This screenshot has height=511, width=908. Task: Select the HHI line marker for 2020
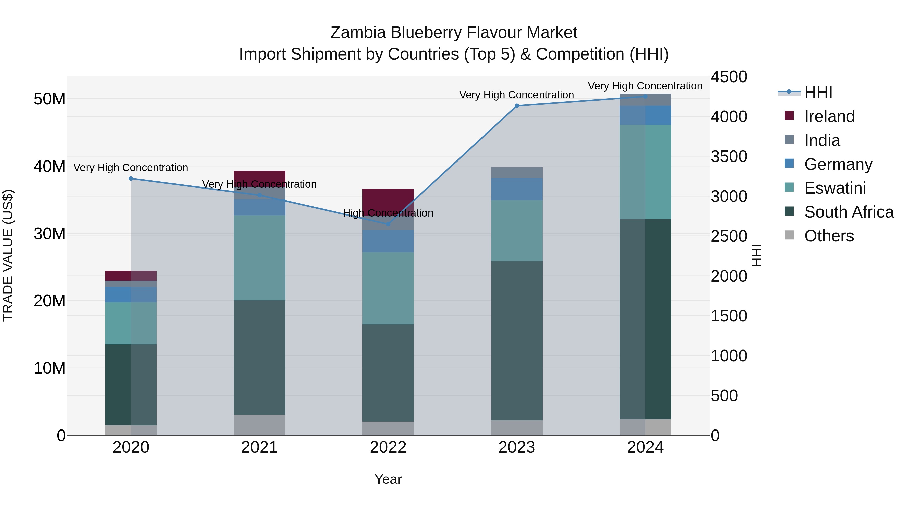click(131, 178)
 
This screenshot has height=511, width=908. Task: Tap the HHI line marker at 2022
click(388, 224)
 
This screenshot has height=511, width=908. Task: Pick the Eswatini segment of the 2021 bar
click(260, 257)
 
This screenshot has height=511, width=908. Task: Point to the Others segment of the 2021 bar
click(260, 425)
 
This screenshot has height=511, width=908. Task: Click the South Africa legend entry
click(848, 212)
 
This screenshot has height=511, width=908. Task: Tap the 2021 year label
click(260, 447)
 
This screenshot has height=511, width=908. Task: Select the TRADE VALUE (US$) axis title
click(8, 255)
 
